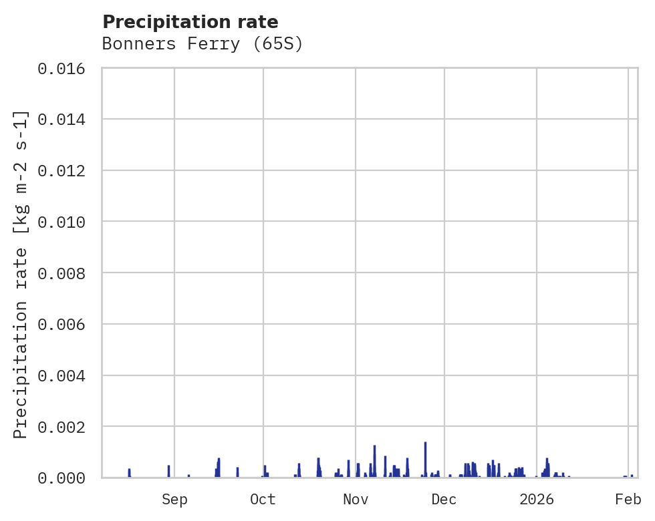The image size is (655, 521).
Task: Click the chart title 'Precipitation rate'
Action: pos(190,22)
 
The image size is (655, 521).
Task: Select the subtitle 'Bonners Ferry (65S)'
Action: pos(203,44)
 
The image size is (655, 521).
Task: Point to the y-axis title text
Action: pos(21,274)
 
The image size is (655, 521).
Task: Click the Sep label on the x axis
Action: pos(174,500)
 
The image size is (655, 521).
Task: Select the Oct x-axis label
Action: pos(263,500)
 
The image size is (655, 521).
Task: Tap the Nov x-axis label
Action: pos(355,500)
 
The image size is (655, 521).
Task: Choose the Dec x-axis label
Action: pos(444,500)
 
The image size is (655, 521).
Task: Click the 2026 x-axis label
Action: pos(537,500)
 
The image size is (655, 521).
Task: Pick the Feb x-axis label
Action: pos(628,500)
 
